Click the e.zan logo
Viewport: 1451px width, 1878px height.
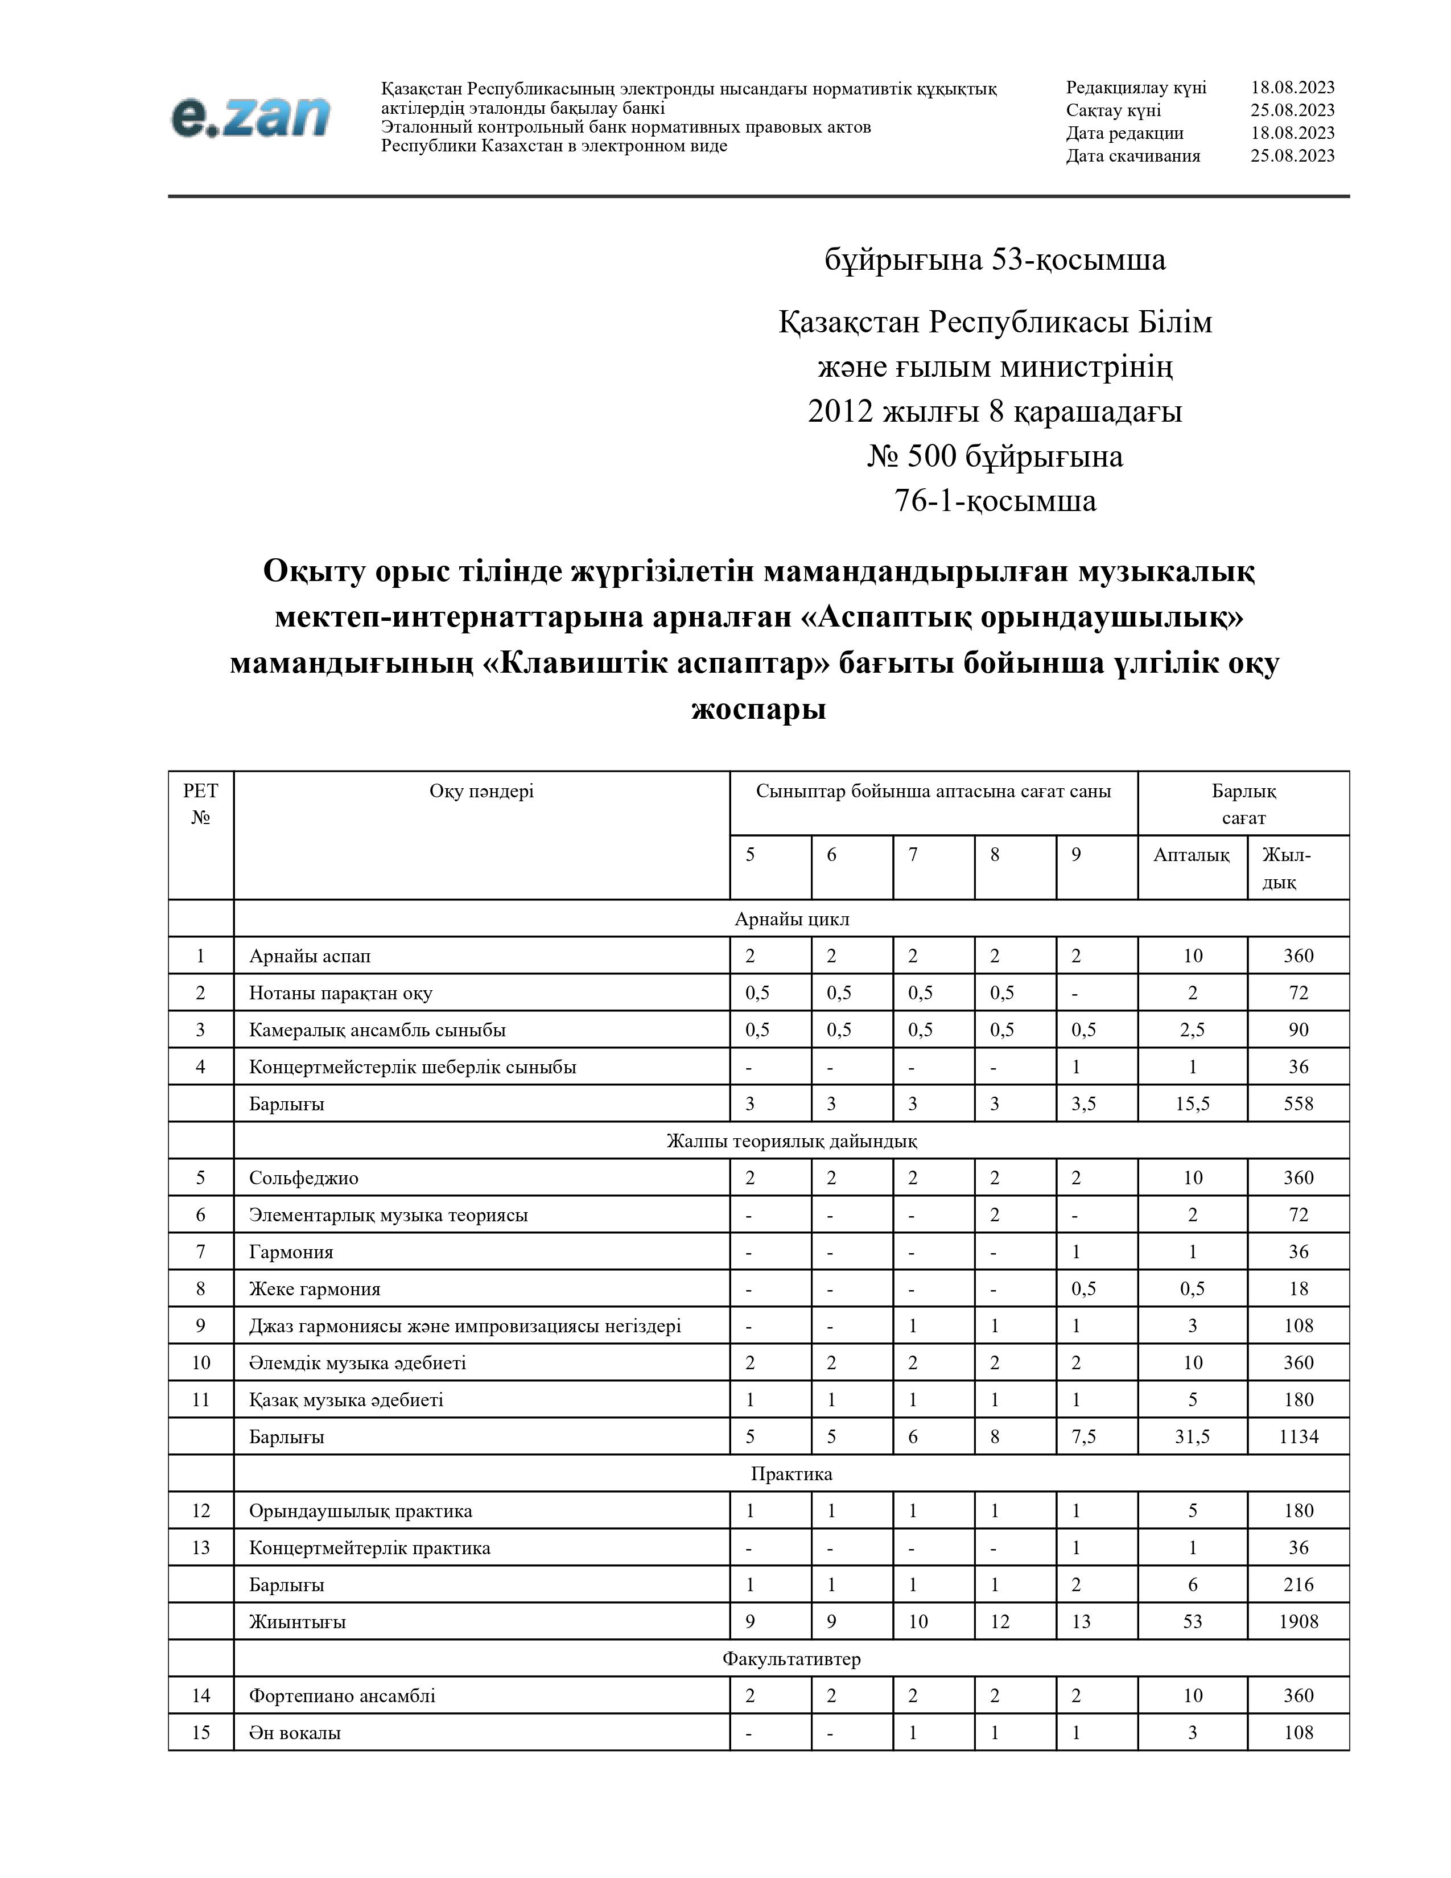coord(250,117)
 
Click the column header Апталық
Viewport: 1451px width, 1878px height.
coord(1192,855)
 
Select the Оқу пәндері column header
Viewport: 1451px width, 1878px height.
coord(481,791)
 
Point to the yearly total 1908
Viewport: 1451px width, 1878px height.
coord(1298,1622)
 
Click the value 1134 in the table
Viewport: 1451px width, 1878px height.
coord(1298,1437)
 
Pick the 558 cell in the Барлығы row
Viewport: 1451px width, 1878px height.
coord(1298,1104)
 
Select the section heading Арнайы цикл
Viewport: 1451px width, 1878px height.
coord(792,919)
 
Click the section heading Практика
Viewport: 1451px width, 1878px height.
coord(792,1474)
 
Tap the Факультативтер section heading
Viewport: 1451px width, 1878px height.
coord(792,1659)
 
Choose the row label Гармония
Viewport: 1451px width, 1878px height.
coord(291,1252)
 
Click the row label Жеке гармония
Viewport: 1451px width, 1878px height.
coord(315,1289)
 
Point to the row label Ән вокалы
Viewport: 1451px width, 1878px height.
coord(295,1733)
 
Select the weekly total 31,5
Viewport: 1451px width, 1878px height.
coord(1192,1437)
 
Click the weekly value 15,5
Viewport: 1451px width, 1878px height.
coord(1192,1104)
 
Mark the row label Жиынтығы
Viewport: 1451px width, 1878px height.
coord(298,1622)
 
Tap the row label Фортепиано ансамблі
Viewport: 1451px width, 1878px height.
coord(342,1696)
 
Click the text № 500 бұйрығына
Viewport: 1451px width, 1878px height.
coord(995,456)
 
